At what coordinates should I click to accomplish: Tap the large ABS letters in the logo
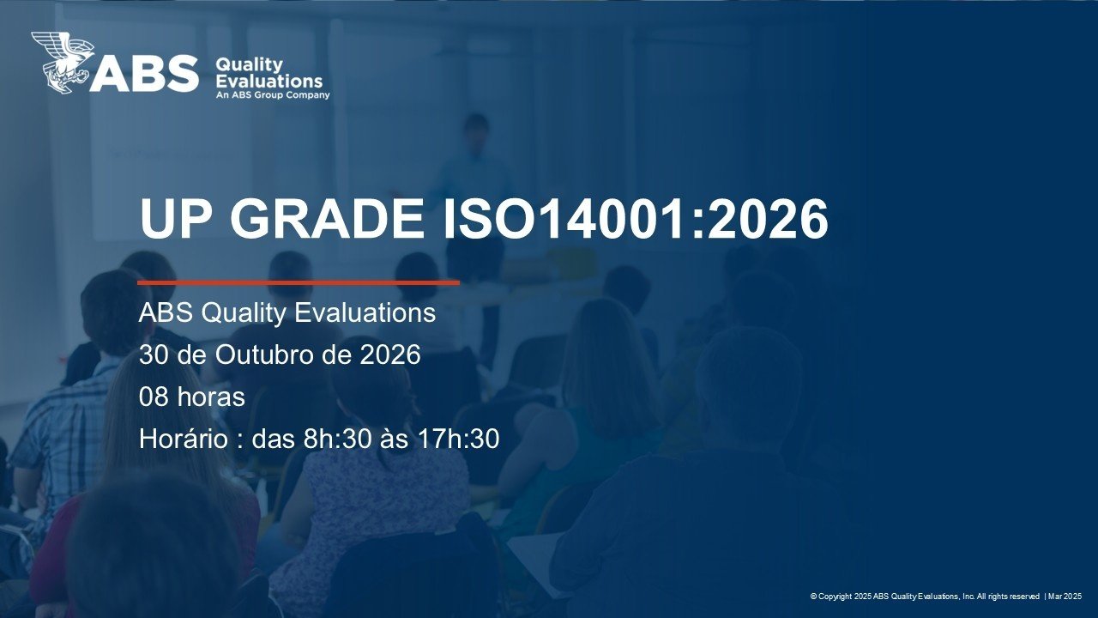tap(144, 74)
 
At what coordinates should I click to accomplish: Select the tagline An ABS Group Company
tap(273, 95)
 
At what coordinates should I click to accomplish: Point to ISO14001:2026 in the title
tap(636, 218)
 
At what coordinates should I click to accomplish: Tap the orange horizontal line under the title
tap(299, 282)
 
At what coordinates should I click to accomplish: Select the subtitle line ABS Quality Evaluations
tap(287, 313)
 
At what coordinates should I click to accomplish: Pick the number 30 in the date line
tap(154, 354)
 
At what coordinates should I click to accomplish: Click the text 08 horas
tap(191, 397)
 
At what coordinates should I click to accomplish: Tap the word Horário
tap(184, 438)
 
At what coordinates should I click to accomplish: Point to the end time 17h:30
tap(458, 439)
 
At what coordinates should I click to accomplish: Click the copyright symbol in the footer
tap(813, 597)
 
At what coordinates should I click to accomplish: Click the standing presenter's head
tap(475, 129)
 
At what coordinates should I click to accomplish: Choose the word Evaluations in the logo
tap(269, 81)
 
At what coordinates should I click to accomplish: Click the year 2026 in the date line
tap(390, 354)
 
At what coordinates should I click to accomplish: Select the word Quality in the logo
tap(249, 64)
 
